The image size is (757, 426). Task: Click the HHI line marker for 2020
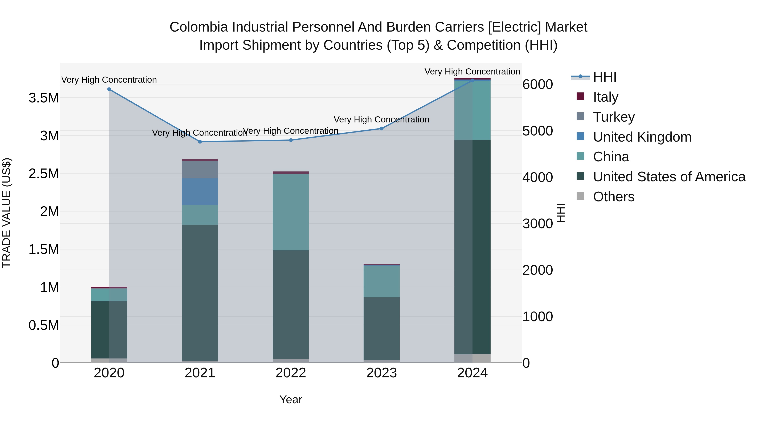coord(109,89)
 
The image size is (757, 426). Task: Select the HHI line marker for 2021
coord(200,142)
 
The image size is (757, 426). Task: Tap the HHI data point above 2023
coord(381,129)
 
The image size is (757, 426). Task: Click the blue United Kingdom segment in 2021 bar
coord(200,191)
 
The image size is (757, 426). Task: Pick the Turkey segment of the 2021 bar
coord(200,169)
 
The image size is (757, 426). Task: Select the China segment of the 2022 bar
coord(291,212)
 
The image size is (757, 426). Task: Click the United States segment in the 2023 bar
coord(381,328)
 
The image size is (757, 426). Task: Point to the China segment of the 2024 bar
coord(472,110)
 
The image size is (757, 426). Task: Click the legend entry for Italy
coord(605,97)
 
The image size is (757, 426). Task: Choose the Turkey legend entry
coord(614,117)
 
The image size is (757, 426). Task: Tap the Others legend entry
coord(613,197)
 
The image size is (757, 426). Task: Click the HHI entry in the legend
coord(605,77)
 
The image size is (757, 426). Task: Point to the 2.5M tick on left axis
coord(44,174)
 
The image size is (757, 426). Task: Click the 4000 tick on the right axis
coord(537,177)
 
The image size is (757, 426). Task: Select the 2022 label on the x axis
coord(291,373)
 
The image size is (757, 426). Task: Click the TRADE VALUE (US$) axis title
coord(7,213)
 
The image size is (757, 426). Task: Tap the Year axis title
coord(291,399)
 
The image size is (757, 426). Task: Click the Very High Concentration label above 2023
coord(381,120)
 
